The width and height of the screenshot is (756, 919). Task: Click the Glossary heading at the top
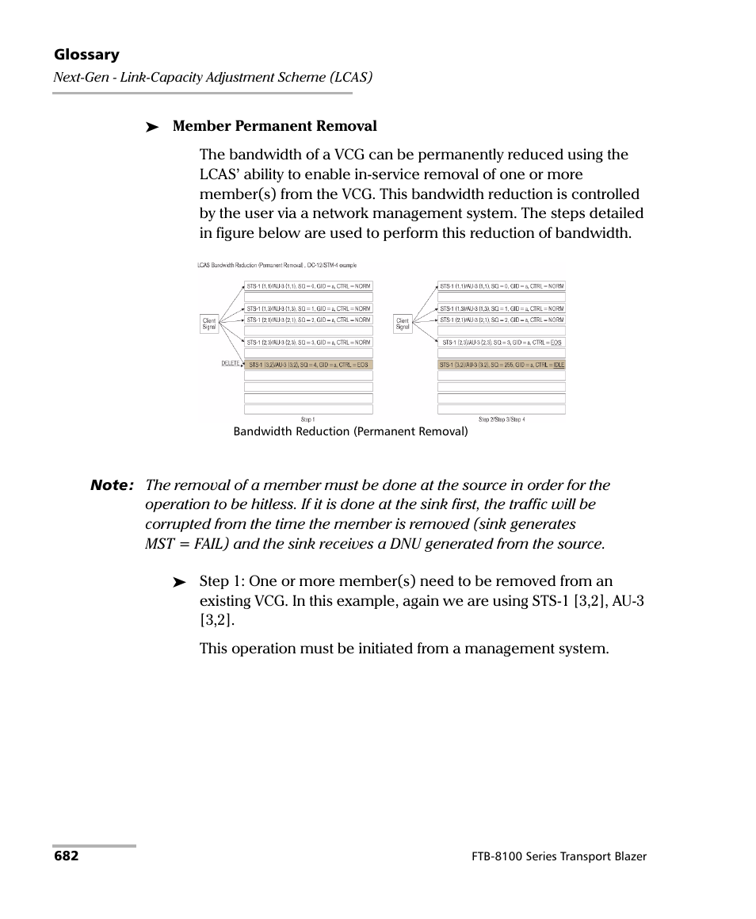86,55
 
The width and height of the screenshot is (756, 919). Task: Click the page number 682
66,857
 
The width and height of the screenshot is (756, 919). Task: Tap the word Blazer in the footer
628,857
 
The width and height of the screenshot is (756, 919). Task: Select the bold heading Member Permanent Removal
274,126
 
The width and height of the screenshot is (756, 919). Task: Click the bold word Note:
112,485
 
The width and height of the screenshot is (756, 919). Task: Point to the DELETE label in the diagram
230,363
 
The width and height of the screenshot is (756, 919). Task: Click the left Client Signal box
209,324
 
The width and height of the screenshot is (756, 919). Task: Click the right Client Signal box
403,324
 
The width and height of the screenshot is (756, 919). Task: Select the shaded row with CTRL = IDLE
501,365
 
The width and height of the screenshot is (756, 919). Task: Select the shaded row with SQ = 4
307,365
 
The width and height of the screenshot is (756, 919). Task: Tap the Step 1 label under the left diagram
307,419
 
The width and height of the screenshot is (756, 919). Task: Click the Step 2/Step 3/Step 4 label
501,419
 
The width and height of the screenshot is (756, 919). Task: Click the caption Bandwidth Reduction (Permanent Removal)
350,432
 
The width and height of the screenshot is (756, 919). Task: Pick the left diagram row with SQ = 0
307,285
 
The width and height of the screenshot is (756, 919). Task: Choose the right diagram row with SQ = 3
501,343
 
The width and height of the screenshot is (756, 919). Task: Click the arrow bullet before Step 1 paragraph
180,583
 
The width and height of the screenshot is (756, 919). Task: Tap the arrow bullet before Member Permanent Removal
153,128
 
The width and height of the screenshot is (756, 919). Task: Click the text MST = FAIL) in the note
185,544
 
